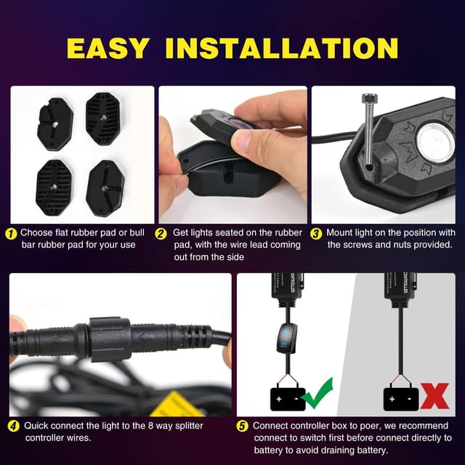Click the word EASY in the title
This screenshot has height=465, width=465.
108,47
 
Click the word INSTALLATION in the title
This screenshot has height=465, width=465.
281,47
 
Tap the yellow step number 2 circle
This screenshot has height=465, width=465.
163,233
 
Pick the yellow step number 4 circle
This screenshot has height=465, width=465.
14,426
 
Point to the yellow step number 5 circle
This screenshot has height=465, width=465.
243,426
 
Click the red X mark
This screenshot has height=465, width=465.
434,397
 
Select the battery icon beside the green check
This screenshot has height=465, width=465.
288,397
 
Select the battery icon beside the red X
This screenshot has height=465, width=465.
401,397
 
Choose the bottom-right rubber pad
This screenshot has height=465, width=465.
105,187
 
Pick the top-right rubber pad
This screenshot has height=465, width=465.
102,118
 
